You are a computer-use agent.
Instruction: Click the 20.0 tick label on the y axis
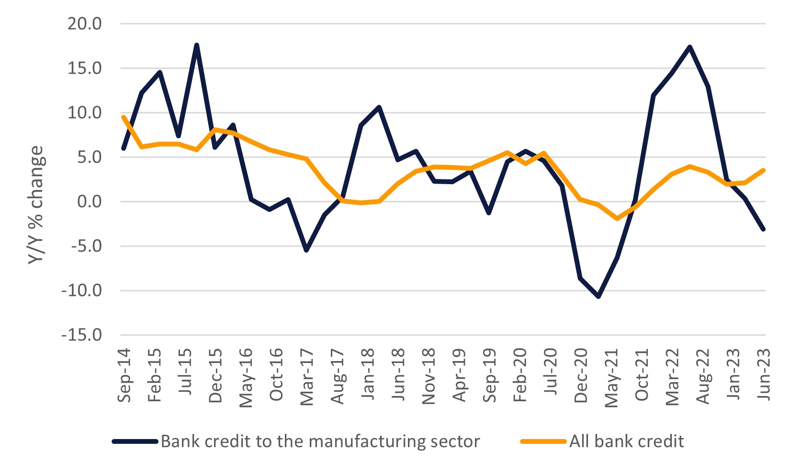coord(85,23)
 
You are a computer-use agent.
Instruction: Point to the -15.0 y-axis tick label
coord(81,335)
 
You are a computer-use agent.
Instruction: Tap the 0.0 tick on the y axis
coord(90,202)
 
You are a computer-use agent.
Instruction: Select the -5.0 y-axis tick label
coord(85,246)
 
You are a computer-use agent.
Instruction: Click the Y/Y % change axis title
coord(35,205)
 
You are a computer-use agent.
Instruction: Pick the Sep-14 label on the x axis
coord(124,375)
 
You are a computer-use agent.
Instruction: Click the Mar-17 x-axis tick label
coord(307,377)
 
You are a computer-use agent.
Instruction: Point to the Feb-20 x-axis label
coord(520,375)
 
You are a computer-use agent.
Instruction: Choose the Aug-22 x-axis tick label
coord(703,376)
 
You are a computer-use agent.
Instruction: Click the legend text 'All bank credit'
coord(626,441)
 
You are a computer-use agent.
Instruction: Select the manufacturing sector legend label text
coord(320,441)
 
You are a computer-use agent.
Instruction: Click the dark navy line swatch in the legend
coord(135,441)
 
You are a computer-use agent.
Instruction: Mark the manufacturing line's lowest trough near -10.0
coord(598,297)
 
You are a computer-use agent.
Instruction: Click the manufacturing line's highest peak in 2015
coord(196,45)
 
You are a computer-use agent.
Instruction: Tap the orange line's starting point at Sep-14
coord(124,117)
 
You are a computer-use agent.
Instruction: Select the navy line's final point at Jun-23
coord(764,230)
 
